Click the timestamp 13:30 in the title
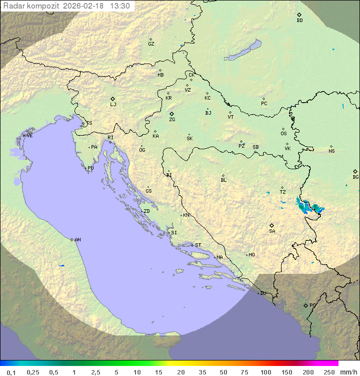[120, 6]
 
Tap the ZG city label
[172, 120]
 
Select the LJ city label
[113, 105]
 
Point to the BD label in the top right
[299, 21]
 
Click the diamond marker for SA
[272, 225]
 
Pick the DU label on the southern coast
[263, 293]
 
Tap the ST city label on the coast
[198, 245]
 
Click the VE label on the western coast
[29, 136]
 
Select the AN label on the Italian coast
[77, 240]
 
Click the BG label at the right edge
[355, 177]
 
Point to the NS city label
[331, 151]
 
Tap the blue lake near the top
[243, 51]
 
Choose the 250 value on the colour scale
[329, 372]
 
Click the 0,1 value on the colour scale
[11, 372]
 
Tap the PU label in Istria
[90, 168]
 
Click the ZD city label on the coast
[146, 211]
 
